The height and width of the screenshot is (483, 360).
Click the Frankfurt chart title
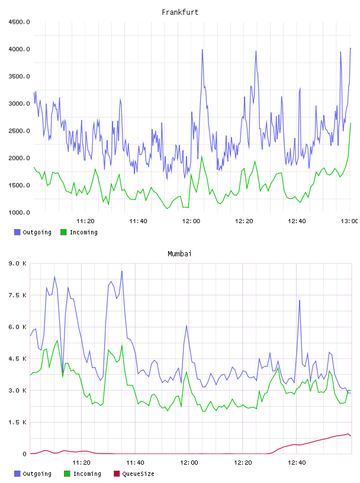click(x=180, y=12)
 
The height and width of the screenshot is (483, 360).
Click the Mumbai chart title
click(x=179, y=254)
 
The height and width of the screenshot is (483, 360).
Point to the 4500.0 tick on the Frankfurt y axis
click(x=19, y=22)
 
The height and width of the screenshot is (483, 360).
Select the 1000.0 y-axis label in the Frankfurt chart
click(x=19, y=212)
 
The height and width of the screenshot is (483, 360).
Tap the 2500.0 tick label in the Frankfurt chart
click(x=19, y=131)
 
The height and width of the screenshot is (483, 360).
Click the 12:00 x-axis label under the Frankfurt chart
click(x=191, y=221)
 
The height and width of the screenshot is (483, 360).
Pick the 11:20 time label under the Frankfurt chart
click(x=85, y=221)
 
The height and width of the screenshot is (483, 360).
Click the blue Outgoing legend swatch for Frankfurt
click(x=17, y=232)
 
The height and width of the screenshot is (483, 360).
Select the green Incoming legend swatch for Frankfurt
click(x=63, y=232)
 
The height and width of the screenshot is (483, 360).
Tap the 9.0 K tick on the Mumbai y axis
click(x=17, y=263)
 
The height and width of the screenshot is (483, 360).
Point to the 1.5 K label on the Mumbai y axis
click(x=17, y=422)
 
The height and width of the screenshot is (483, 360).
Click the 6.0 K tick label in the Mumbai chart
click(x=17, y=327)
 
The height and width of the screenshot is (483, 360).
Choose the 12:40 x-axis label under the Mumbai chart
click(x=297, y=463)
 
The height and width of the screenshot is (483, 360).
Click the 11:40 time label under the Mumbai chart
click(x=135, y=463)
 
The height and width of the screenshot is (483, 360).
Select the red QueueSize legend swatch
click(x=117, y=474)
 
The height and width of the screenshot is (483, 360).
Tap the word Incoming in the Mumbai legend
click(x=87, y=474)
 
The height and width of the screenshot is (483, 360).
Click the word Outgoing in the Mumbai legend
click(x=37, y=474)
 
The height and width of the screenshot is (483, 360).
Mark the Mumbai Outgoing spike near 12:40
click(x=299, y=301)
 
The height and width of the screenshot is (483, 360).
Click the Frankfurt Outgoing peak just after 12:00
click(x=202, y=50)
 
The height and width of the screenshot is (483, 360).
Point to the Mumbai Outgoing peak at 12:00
click(x=187, y=326)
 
